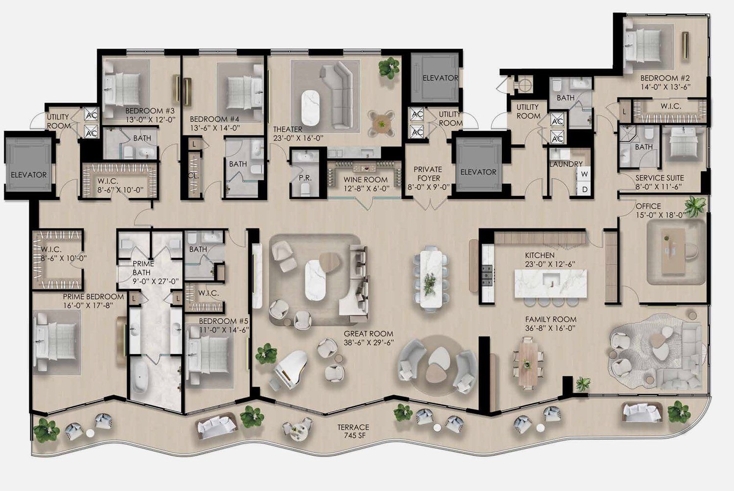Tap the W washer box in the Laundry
click(x=584, y=174)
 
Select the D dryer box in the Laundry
click(x=584, y=189)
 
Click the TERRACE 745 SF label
click(x=353, y=431)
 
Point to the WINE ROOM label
click(x=366, y=179)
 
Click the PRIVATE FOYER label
click(x=428, y=174)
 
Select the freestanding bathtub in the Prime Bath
click(x=140, y=378)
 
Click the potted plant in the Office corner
click(x=695, y=206)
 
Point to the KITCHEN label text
click(x=540, y=255)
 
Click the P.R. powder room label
click(x=305, y=178)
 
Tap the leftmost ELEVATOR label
click(x=29, y=175)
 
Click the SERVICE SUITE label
click(x=659, y=178)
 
